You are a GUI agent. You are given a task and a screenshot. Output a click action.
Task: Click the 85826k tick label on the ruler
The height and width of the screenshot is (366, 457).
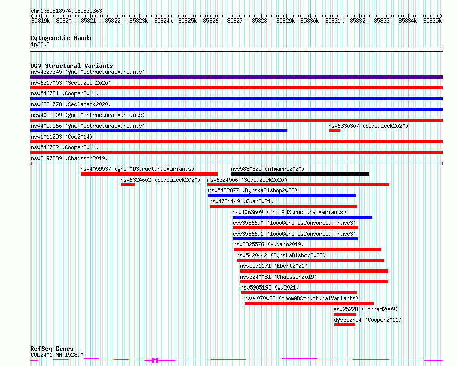tap(212, 21)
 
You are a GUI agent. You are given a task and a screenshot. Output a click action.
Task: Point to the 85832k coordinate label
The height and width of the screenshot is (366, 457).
tap(359, 21)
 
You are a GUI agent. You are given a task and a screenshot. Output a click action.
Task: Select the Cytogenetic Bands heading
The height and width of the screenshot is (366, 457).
tap(61, 38)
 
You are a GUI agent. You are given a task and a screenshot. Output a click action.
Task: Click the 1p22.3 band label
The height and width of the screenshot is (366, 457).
tap(40, 44)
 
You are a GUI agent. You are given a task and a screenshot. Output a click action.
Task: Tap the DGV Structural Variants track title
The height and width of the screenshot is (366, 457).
tap(72, 66)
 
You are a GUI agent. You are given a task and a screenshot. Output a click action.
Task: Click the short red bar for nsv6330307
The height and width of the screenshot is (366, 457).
tap(334, 131)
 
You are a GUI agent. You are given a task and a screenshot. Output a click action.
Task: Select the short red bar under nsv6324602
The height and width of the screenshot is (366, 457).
tap(127, 185)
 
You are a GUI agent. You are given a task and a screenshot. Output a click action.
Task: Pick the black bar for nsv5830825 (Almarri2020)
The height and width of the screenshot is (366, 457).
tap(300, 174)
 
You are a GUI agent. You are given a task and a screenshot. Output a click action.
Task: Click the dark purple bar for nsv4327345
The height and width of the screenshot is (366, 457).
tap(236, 77)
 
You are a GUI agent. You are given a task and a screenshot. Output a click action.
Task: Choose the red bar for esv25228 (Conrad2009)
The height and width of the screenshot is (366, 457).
tap(345, 314)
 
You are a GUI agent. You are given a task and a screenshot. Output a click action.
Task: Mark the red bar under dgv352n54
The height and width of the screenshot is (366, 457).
tap(345, 325)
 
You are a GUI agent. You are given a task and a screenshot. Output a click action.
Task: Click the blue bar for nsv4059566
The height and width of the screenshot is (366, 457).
tap(159, 131)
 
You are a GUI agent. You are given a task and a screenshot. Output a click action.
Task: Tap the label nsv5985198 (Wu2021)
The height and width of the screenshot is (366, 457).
tap(270, 287)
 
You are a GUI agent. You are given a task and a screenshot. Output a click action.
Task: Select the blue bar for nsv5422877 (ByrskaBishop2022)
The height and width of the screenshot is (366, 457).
tap(282, 196)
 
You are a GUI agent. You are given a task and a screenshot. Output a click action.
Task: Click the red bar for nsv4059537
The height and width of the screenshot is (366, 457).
tap(149, 174)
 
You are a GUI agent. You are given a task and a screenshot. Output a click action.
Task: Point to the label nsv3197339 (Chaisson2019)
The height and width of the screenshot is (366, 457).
tap(69, 158)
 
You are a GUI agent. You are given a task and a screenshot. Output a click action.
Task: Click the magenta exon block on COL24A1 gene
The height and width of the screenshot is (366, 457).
tap(155, 361)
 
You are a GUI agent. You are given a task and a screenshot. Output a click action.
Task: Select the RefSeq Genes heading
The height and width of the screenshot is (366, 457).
tap(52, 349)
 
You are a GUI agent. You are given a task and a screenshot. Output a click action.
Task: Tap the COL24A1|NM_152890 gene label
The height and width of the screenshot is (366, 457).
tap(57, 355)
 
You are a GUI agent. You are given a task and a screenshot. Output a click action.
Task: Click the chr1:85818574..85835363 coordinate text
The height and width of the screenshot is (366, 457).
tap(66, 11)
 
